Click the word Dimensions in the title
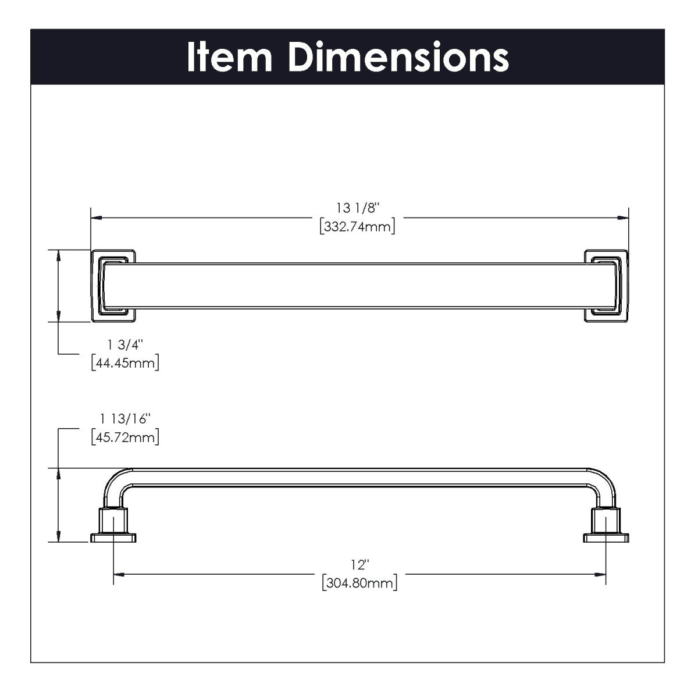[x=398, y=57]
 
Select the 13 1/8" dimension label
[x=358, y=208]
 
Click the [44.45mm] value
[x=125, y=363]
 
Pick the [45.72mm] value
[x=125, y=436]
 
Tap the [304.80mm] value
[x=359, y=582]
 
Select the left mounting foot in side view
[x=113, y=527]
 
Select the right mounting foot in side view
[x=606, y=527]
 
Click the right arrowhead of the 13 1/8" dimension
[x=624, y=218]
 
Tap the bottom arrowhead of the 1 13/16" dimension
[x=58, y=538]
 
